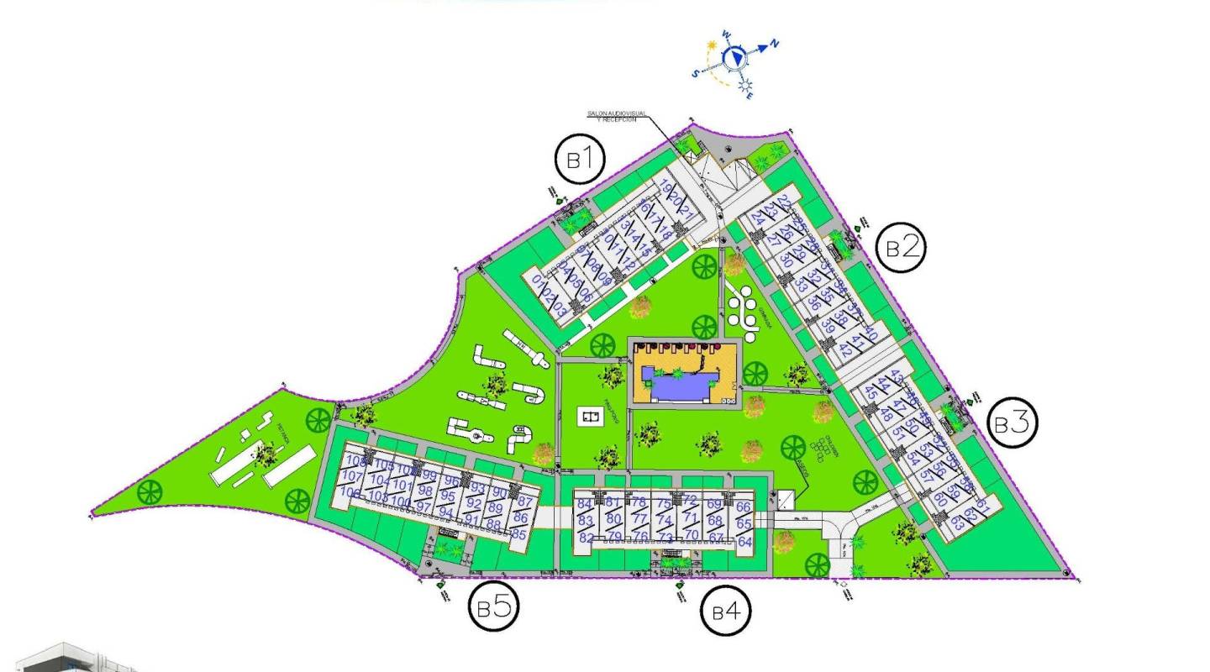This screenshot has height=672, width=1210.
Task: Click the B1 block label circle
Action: tap(581, 159)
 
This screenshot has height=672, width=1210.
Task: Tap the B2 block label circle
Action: tap(901, 247)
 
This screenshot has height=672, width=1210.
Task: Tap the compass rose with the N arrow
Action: tap(736, 56)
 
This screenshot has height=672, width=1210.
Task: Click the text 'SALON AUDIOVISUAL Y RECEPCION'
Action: tap(617, 116)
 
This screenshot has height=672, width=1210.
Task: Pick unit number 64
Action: tap(744, 542)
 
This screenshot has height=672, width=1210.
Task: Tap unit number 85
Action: tap(518, 534)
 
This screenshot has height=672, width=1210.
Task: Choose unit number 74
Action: tap(664, 521)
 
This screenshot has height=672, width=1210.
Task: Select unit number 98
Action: tap(425, 491)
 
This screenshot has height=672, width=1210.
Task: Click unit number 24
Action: tap(759, 218)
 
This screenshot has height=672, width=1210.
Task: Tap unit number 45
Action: tap(871, 392)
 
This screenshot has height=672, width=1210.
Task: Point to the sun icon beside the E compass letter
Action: tap(744, 86)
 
